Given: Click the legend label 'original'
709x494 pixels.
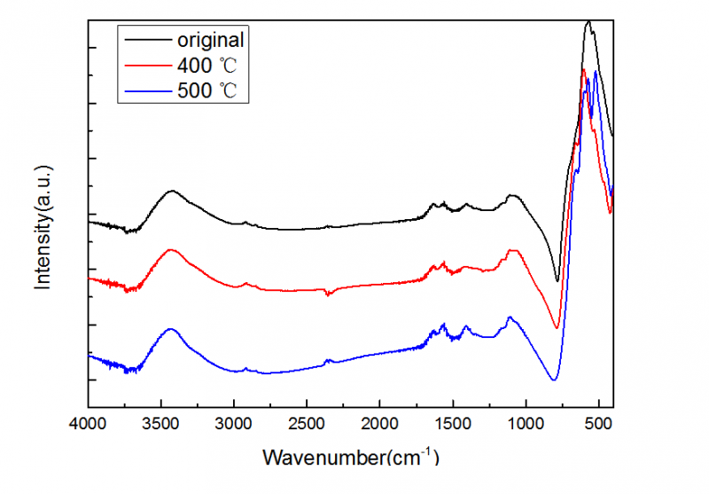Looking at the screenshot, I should [210, 40].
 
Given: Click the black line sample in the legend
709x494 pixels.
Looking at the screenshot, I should [146, 40].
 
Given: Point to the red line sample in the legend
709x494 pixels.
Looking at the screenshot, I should [146, 65].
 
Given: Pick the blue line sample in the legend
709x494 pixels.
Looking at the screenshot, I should [146, 90].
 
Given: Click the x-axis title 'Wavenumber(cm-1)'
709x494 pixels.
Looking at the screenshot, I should [351, 458].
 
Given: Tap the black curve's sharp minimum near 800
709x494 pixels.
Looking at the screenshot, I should [557, 281].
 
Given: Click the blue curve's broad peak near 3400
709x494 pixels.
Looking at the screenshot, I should [170, 329].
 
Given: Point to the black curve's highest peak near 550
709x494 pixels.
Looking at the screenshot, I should [588, 22].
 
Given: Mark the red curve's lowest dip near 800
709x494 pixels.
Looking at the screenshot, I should [557, 327].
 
